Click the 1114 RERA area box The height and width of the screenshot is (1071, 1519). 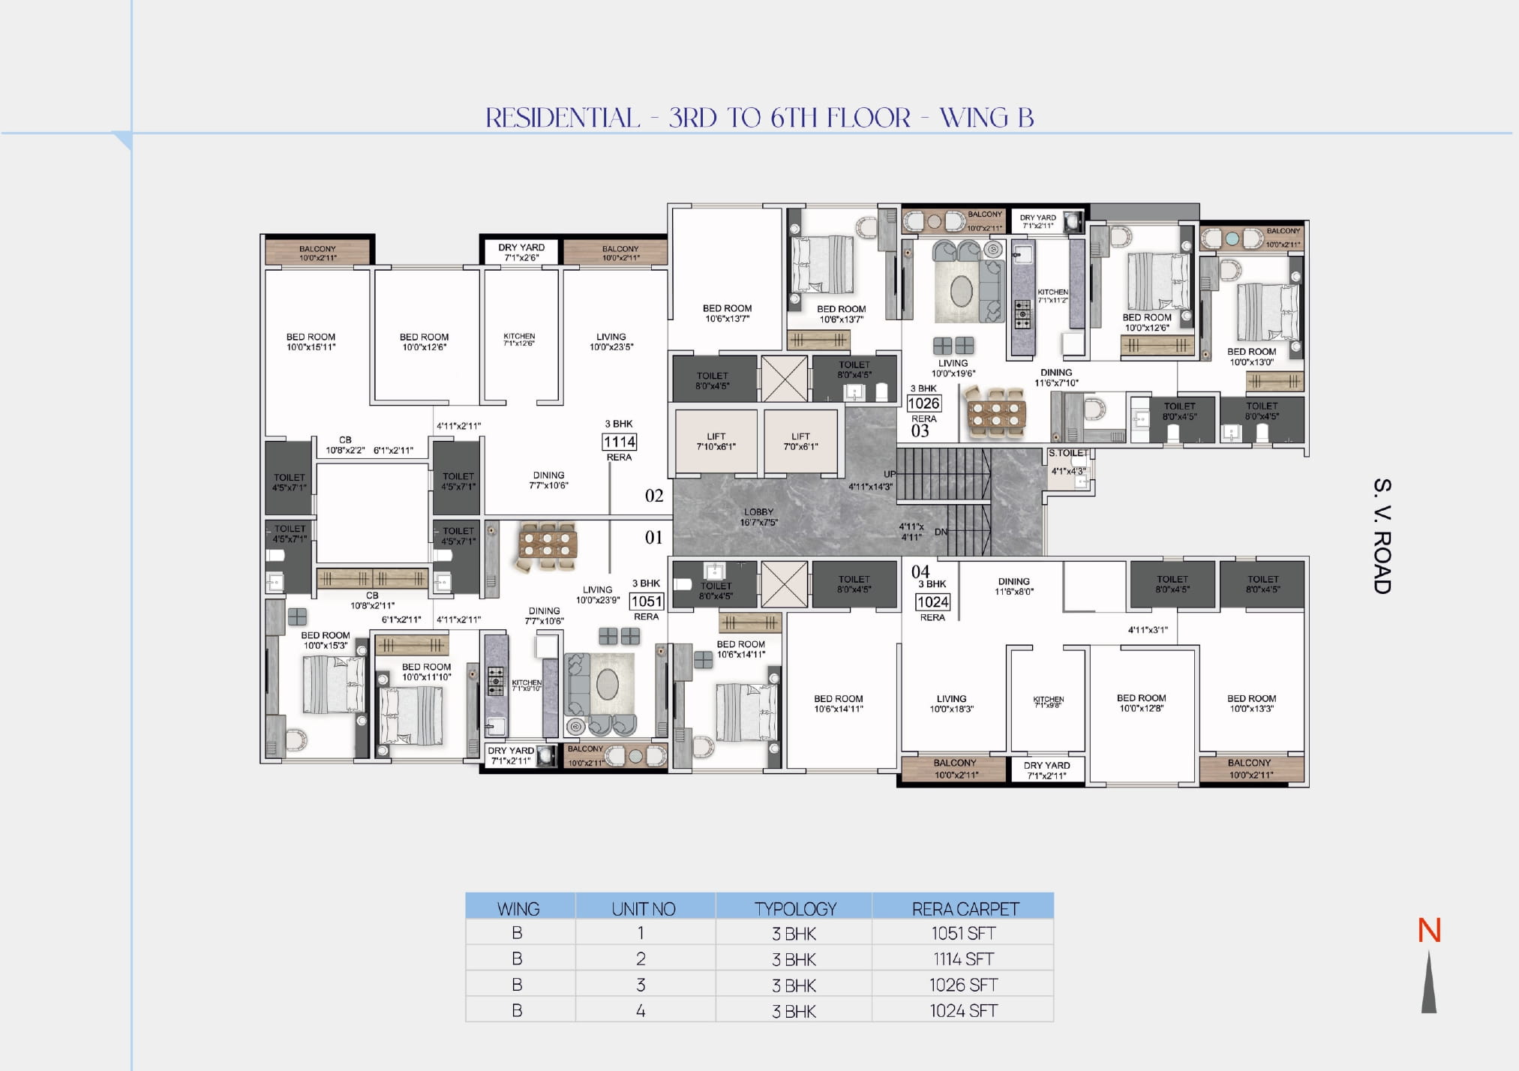click(x=620, y=442)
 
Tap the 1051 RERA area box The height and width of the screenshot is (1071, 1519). click(x=646, y=601)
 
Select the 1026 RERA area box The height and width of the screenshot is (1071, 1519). click(x=923, y=403)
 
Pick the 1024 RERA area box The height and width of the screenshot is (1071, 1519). click(x=932, y=601)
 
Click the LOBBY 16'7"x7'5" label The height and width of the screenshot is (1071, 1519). click(x=758, y=517)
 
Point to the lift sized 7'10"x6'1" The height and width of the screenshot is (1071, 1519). click(x=716, y=441)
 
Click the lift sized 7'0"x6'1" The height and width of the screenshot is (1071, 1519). click(x=800, y=441)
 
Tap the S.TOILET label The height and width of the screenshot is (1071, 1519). click(x=1068, y=453)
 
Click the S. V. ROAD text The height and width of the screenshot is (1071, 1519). click(x=1382, y=535)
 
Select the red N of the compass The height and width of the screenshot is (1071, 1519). click(x=1429, y=931)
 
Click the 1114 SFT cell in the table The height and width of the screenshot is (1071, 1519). click(x=963, y=958)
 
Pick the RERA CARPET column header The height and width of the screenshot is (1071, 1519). click(x=965, y=908)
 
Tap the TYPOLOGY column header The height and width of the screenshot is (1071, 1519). click(x=794, y=908)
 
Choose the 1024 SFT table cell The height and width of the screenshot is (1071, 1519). click(x=963, y=1010)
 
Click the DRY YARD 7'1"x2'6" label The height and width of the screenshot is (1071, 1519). click(x=521, y=252)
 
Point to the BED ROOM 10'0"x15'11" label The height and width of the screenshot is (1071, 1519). click(x=311, y=342)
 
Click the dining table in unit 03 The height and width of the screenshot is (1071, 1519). click(x=995, y=411)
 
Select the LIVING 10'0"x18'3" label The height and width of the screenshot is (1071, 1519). click(x=951, y=703)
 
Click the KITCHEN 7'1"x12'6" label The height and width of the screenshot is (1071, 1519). click(x=519, y=340)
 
